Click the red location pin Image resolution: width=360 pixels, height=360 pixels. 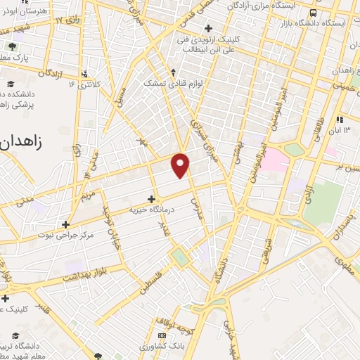181,164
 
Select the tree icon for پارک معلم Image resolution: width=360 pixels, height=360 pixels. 12,47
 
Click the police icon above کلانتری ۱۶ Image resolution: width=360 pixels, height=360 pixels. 85,72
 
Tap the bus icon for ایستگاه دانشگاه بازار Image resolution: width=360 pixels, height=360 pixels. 312,13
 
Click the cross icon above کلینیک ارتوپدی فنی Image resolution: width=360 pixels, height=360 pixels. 207,28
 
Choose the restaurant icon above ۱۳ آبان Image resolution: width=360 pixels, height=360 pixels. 340,119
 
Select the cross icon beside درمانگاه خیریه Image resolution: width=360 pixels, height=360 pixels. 151,199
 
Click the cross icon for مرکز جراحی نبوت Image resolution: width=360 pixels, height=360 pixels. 65,225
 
